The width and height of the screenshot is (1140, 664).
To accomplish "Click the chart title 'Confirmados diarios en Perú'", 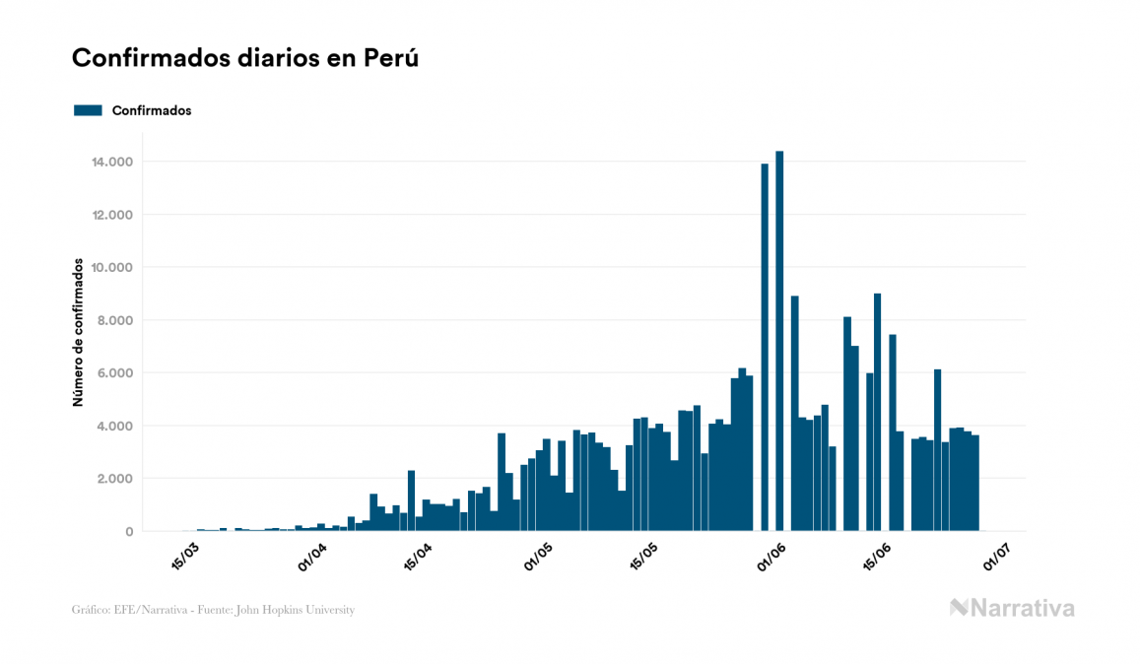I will point(245,58).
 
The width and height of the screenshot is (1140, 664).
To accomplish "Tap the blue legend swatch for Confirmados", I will point(88,110).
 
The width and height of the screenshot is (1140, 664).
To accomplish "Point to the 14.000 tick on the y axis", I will point(112,162).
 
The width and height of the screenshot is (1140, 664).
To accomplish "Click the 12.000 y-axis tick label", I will point(112,215).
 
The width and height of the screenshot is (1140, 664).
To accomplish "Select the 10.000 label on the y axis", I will point(112,268).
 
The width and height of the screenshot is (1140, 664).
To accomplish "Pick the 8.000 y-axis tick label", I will point(116,320).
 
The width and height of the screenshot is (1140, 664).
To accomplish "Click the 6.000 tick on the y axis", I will point(116,373).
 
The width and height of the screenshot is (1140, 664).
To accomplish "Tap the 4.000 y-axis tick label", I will point(116,427).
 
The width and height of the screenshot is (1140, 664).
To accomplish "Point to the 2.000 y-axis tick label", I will point(116,479).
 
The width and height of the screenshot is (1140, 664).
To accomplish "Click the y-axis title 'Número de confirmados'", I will point(77,333).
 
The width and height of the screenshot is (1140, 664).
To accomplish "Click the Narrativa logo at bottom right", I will point(1012,608).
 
